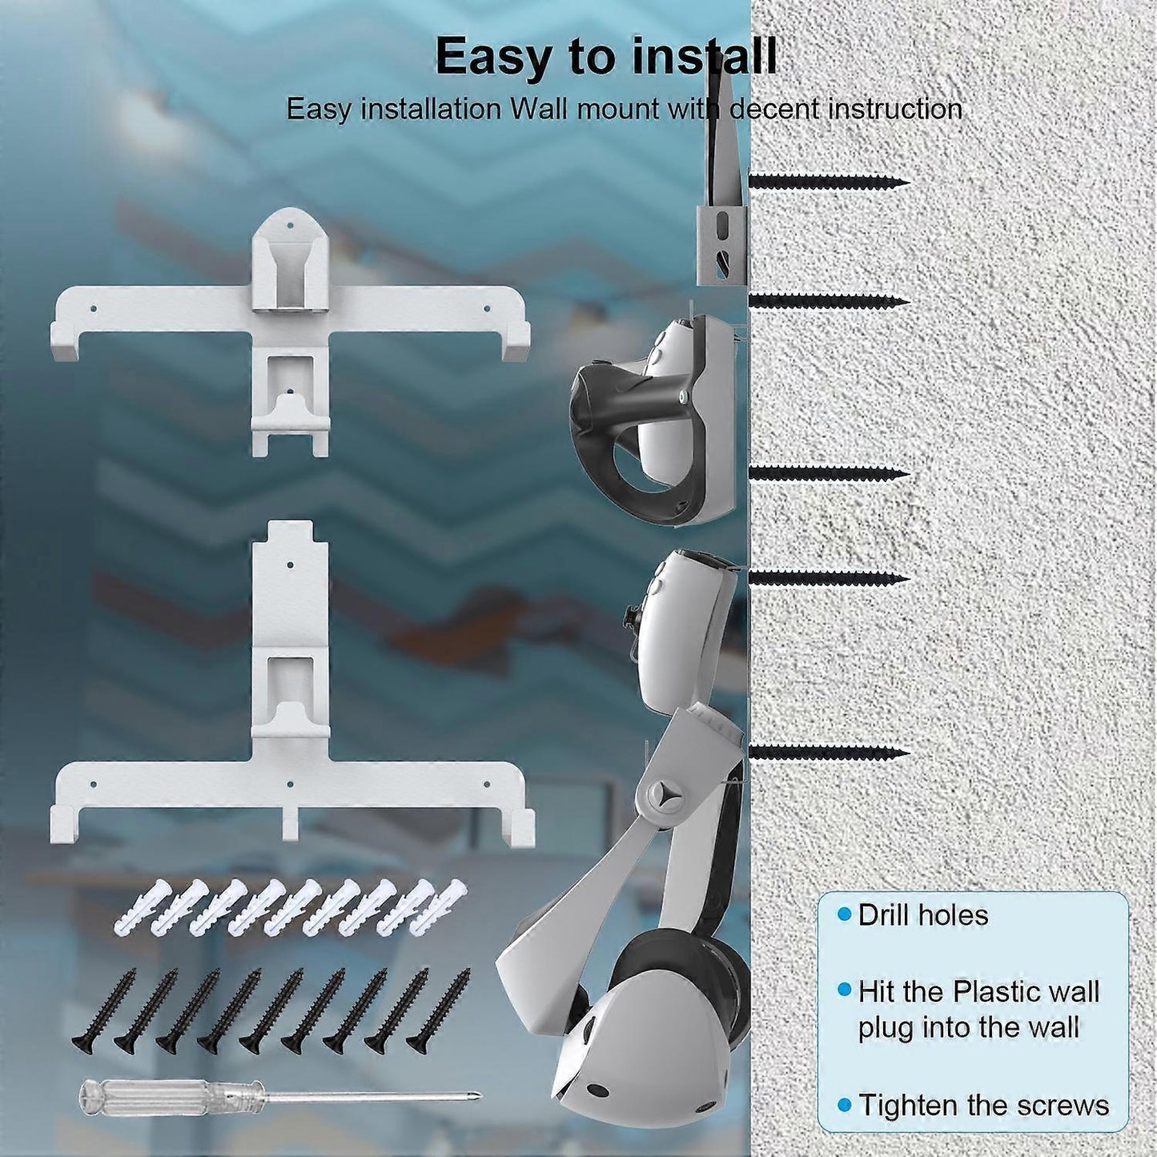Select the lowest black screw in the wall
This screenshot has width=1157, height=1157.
(830, 752)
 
